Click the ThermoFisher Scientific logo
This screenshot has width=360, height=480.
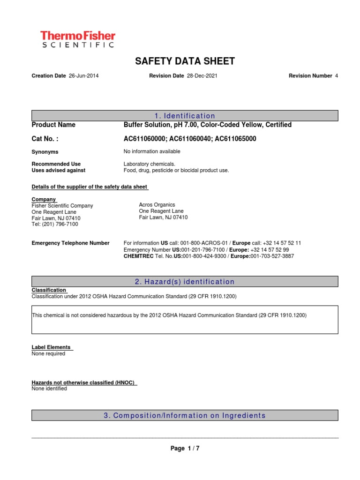77,39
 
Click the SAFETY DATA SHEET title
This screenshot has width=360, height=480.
185,61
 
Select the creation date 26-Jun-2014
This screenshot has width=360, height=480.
84,75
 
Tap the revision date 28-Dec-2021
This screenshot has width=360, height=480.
202,75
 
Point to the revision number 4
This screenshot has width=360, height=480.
336,75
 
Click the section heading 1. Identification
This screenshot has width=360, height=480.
185,116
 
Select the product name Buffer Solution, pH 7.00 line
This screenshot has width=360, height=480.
207,125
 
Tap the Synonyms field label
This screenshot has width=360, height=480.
45,152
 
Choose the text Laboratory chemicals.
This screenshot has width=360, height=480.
149,164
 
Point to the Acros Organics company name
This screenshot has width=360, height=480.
157,205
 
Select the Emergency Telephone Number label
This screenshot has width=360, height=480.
70,243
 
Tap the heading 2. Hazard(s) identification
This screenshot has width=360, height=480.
185,282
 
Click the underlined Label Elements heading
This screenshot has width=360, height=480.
51,347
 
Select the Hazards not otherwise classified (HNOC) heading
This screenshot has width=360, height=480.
83,382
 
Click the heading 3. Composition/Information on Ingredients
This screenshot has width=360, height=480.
185,415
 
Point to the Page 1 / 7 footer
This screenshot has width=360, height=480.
185,449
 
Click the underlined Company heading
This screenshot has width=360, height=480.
43,199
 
